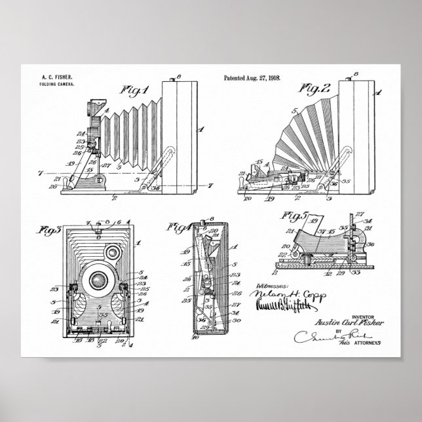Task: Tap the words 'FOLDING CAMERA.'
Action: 56,85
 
